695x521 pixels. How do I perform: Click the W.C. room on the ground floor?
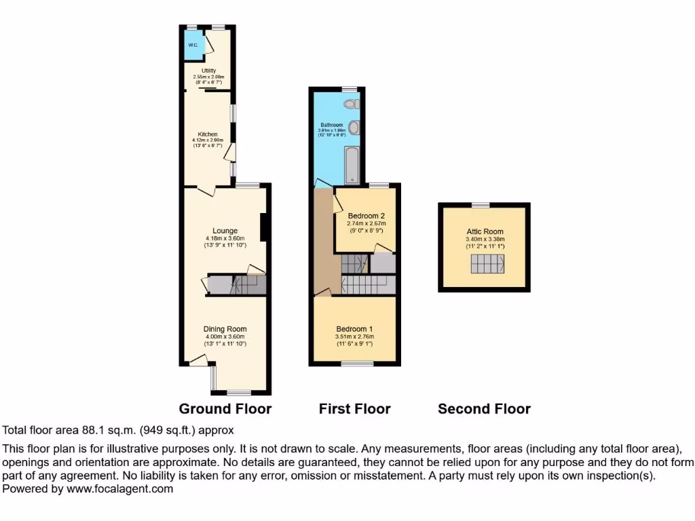coord(193,45)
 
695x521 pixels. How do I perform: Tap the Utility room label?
coord(208,71)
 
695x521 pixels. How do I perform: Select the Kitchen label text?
coord(208,134)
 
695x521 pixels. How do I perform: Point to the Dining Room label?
coord(225,329)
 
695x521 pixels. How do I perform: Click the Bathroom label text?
coord(332,126)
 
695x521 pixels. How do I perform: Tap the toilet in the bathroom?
coord(351,104)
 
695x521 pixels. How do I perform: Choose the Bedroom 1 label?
coord(355,329)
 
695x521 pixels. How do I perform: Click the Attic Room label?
coord(484,231)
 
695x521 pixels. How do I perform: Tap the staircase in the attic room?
coord(485,266)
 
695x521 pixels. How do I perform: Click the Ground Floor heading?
coord(225,408)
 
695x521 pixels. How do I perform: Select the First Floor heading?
coord(354,408)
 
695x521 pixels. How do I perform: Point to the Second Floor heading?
coord(484,408)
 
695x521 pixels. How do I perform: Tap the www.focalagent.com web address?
coord(119,488)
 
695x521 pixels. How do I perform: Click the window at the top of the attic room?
coord(481,204)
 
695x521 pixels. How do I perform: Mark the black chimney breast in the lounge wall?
coord(263,227)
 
